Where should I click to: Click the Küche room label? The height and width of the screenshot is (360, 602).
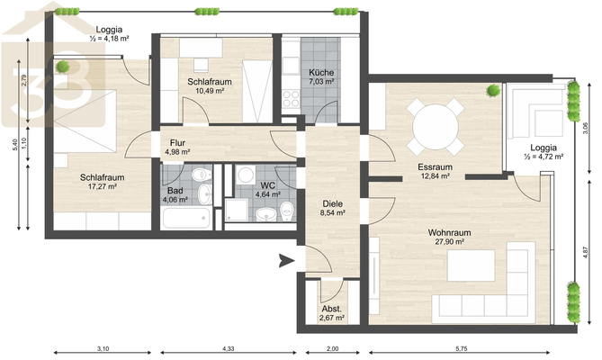point(321,73)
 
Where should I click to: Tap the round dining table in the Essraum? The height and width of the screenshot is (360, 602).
point(435,127)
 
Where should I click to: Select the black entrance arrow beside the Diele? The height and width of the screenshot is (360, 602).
point(286,261)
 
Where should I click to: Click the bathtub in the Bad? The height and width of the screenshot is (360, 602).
point(186,218)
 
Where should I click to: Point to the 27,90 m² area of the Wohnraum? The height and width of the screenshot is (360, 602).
point(449,242)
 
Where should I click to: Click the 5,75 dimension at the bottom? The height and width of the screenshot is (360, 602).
point(462,349)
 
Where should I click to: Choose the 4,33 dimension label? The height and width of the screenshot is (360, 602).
point(228,349)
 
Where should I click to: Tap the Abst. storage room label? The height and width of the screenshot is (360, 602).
point(332,309)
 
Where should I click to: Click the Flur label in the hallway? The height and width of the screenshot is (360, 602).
point(177,143)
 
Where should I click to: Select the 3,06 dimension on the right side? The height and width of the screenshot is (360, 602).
point(585,128)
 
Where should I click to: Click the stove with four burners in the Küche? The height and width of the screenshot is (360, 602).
point(291,98)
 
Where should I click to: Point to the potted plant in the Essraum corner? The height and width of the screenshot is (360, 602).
point(493,91)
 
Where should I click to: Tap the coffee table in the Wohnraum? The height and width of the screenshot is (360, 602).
point(472,265)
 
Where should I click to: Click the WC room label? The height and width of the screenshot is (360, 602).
point(267,185)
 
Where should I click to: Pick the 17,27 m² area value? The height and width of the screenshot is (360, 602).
point(102,186)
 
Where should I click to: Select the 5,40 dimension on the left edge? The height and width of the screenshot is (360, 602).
point(14,145)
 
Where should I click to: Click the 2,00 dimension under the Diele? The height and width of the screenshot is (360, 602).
point(332,349)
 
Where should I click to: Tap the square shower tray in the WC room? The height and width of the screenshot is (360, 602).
point(237,210)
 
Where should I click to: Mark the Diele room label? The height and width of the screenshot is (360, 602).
point(332,203)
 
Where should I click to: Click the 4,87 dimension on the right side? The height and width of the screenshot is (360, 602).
point(585,252)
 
